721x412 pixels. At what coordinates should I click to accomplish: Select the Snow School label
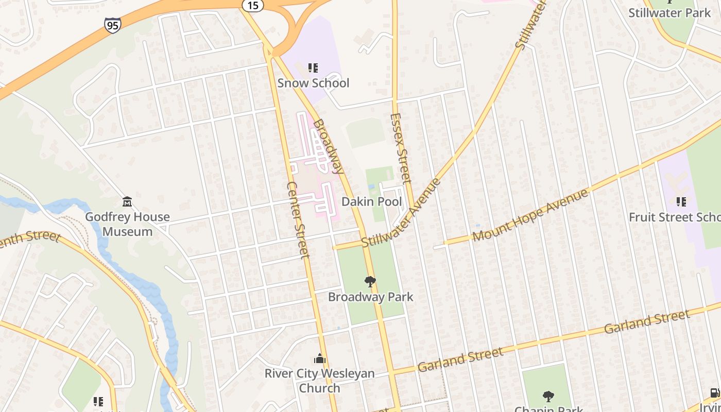(313, 83)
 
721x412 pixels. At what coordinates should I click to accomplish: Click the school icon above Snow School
(313, 67)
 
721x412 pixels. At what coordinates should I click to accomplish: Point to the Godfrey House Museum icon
(127, 201)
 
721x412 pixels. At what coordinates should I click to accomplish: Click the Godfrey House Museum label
(127, 224)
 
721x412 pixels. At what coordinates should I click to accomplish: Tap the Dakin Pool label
(371, 201)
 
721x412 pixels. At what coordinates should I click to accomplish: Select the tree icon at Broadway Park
(370, 281)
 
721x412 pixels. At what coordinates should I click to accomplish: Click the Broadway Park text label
(371, 297)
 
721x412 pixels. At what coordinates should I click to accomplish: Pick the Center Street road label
(298, 219)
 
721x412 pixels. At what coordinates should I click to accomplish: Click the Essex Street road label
(401, 148)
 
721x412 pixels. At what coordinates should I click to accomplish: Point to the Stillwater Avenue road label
(402, 213)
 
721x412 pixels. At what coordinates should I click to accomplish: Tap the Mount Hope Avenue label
(530, 215)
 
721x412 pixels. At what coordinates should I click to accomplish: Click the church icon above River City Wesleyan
(320, 358)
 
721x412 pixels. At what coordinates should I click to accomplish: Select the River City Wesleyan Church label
(320, 381)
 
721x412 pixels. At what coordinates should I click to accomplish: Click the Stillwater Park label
(669, 13)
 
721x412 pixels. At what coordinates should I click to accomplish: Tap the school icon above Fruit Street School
(681, 202)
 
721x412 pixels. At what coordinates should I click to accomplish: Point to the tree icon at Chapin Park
(548, 396)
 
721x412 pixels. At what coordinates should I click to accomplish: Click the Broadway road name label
(328, 146)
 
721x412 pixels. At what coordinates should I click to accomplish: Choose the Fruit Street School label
(675, 217)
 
